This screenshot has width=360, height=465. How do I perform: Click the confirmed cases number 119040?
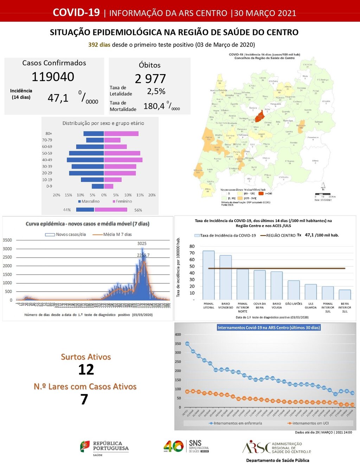(x=53, y=77)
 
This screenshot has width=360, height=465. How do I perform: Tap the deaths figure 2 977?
(x=150, y=79)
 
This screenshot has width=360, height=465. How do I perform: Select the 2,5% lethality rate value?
(x=156, y=91)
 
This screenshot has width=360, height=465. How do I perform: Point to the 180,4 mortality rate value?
(x=154, y=106)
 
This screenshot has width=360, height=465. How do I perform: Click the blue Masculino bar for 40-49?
(x=85, y=160)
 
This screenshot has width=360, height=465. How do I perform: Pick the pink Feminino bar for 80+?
(x=121, y=133)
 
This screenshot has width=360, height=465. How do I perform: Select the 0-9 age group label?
(x=49, y=186)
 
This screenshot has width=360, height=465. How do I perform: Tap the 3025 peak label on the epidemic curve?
(x=142, y=243)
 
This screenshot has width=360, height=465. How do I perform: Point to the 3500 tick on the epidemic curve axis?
(x=7, y=240)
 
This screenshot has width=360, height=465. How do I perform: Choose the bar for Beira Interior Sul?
(x=345, y=295)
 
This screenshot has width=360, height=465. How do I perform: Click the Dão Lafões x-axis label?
(x=294, y=304)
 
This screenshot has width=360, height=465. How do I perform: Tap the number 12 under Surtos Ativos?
(x=86, y=369)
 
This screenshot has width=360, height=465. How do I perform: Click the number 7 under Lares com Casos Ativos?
(x=84, y=399)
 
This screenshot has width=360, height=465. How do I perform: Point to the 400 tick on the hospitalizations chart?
(x=178, y=335)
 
